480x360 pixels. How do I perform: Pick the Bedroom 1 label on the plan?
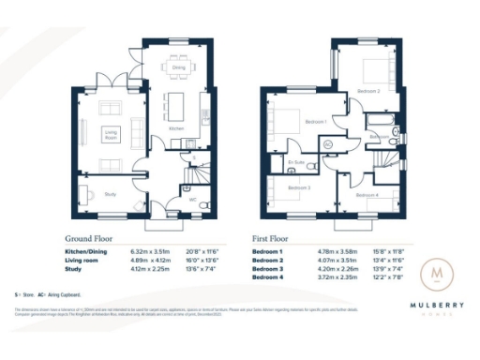315,122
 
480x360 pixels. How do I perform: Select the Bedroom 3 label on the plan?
298,187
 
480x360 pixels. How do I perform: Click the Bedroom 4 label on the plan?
367,195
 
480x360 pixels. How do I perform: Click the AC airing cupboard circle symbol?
328,144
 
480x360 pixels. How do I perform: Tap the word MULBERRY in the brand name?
435,305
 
